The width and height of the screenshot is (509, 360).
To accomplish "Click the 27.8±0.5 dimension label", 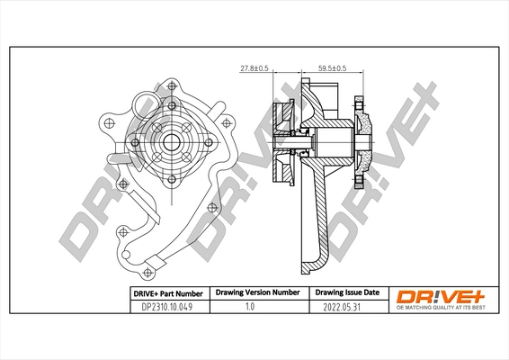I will point(255,67).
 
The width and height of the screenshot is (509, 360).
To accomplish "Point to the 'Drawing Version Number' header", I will point(255,293).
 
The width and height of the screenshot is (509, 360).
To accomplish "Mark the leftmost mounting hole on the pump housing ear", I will point(108,121).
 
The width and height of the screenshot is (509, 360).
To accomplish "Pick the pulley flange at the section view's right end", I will point(364,144).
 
